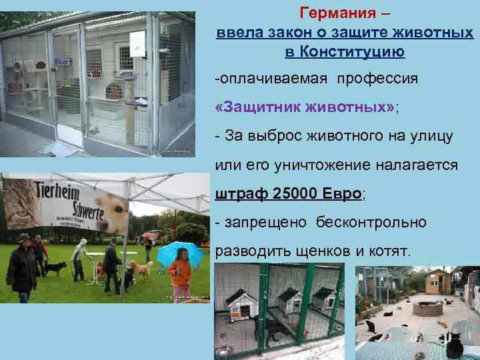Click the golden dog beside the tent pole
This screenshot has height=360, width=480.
click(141, 269)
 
